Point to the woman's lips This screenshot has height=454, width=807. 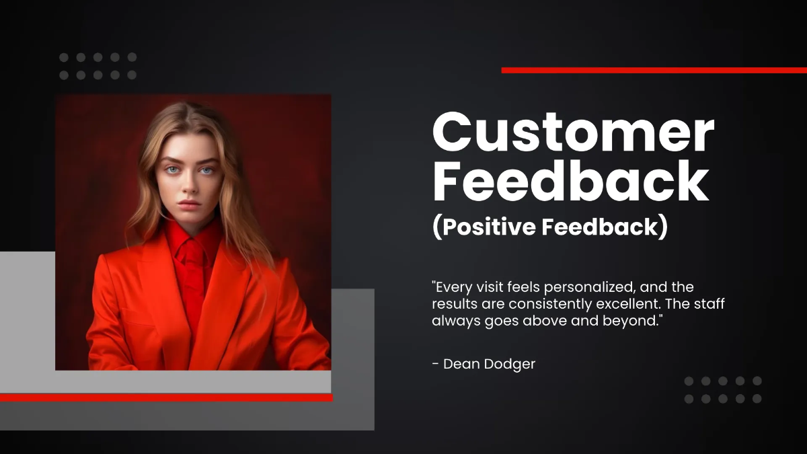click(x=189, y=204)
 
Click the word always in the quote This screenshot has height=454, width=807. click(x=452, y=321)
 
